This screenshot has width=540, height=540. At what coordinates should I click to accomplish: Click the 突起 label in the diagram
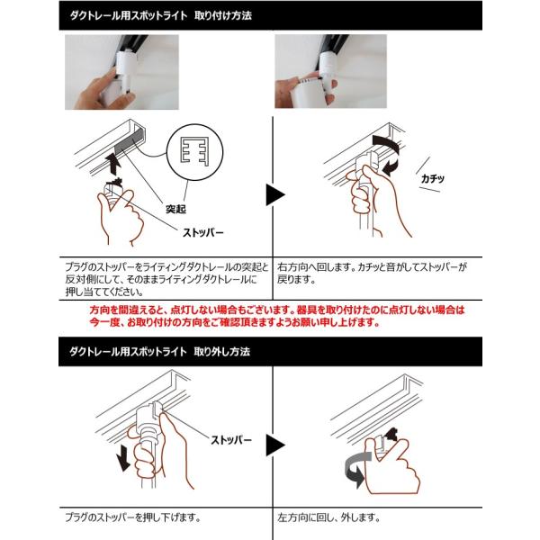point(175,209)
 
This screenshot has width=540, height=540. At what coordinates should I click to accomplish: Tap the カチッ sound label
point(433,178)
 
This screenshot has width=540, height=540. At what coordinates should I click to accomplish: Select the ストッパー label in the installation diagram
point(203,233)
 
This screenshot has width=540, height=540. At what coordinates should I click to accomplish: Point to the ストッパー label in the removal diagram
point(231,440)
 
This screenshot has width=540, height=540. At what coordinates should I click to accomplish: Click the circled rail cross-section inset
point(195,152)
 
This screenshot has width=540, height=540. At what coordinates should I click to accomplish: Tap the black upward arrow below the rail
point(113,165)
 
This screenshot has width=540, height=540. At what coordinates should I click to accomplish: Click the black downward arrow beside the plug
point(123,461)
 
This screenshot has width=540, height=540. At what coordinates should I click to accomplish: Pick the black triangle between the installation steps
point(275,195)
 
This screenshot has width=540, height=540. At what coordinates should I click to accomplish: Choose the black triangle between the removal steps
point(275,445)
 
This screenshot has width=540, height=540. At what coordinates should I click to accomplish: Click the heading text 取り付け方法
point(223,15)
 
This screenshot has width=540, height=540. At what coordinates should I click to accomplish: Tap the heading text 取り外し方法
point(222,352)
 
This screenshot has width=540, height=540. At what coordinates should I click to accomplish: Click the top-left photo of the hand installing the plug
point(121,72)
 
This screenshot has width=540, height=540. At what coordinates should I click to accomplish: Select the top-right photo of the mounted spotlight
point(330,71)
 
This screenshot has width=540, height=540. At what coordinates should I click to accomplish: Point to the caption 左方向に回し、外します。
point(328,517)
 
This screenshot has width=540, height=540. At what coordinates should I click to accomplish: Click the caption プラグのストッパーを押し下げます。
point(133,517)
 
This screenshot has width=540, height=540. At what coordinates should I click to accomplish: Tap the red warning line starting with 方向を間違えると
point(277,310)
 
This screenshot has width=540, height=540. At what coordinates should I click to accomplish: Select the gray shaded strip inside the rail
point(129,141)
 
